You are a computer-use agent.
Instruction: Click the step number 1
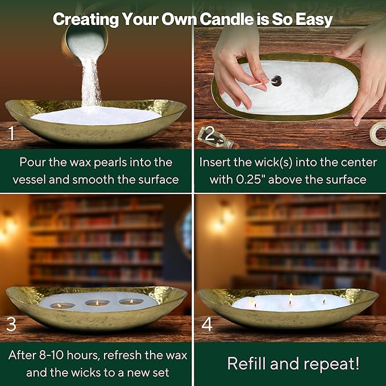pyautogui.click(x=11, y=133)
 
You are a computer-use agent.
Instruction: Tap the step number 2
pyautogui.click(x=210, y=134)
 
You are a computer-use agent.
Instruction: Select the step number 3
pyautogui.click(x=11, y=324)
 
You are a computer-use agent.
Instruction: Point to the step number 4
pyautogui.click(x=207, y=324)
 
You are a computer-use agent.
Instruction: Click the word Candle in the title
pyautogui.click(x=226, y=19)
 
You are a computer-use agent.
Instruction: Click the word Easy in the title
pyautogui.click(x=314, y=20)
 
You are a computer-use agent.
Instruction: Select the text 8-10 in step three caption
pyautogui.click(x=51, y=355)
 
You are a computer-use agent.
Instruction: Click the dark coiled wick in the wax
pyautogui.click(x=277, y=81)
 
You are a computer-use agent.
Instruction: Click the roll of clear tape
pyautogui.click(x=378, y=134)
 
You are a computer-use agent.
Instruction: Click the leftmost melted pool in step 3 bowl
pyautogui.click(x=63, y=305)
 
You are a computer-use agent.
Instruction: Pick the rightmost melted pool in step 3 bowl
pyautogui.click(x=131, y=301)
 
